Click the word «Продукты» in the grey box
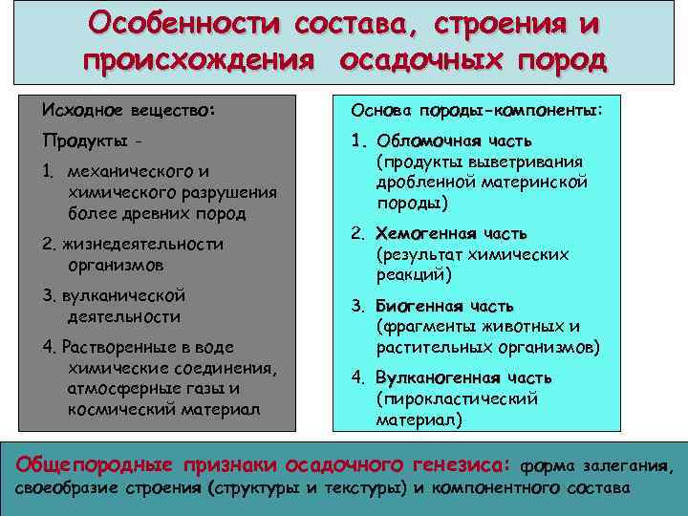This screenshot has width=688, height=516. [x=81, y=141]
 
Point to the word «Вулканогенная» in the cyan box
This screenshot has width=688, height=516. [x=439, y=377]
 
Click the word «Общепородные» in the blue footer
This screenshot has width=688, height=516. [x=95, y=464]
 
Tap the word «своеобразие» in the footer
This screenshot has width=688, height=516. [x=72, y=488]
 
